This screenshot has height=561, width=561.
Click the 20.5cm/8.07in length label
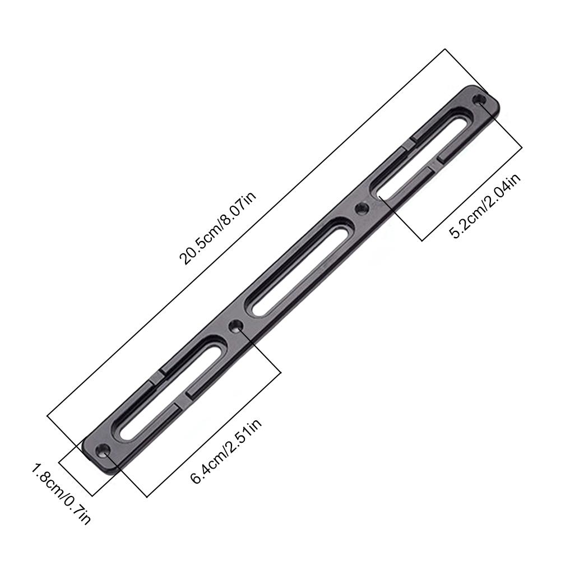tap(218, 229)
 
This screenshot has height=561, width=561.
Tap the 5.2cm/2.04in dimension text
tap(485, 206)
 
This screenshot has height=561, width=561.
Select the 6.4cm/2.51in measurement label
tap(226, 452)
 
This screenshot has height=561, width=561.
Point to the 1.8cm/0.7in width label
tap(61, 494)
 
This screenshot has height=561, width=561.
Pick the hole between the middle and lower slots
tap(236, 325)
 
